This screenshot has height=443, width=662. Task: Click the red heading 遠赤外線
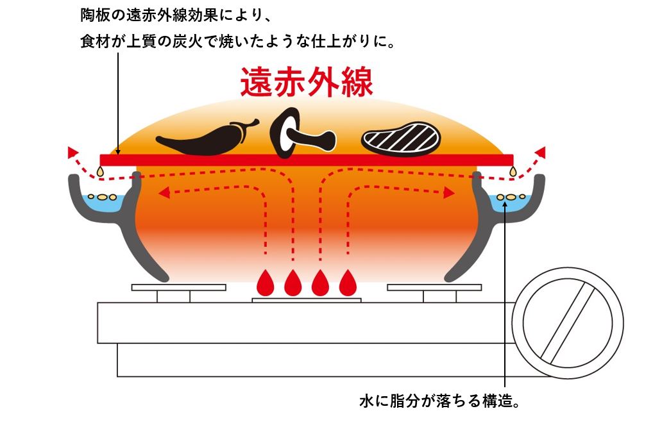306,82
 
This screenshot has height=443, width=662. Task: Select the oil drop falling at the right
513,171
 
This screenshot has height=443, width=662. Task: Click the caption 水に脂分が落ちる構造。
439,403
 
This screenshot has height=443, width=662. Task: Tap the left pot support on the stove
173,292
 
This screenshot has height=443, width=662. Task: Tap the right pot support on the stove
439,292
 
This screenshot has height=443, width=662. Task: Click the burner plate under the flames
307,300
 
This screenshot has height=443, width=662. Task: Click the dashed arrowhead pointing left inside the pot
164,190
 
